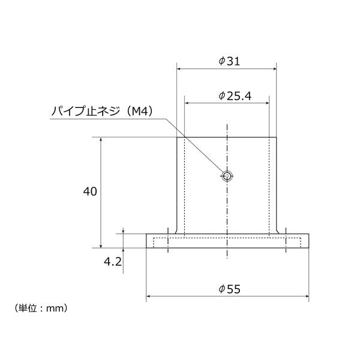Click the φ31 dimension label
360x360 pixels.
[x=229, y=61]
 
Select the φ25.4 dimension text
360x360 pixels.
[x=235, y=96]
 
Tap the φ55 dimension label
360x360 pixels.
[x=229, y=289]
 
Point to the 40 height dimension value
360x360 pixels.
[x=90, y=191]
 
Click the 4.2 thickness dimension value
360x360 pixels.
[x=113, y=262]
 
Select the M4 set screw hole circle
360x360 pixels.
[x=227, y=176]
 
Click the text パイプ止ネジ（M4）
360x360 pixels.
[x=102, y=112]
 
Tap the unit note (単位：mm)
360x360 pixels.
[x=41, y=308]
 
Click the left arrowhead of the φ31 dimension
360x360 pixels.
[x=179, y=68]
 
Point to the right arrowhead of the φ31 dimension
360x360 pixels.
[x=274, y=68]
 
